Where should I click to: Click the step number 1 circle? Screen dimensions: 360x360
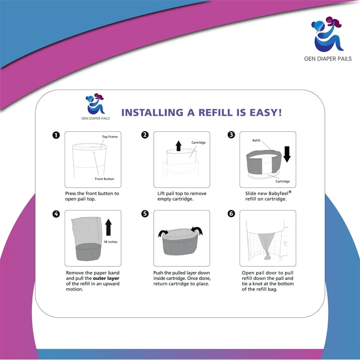[x=56, y=135]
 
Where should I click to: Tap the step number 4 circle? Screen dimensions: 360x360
[x=56, y=214]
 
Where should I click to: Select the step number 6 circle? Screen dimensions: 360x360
[x=231, y=214]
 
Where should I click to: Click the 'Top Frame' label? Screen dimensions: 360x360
[x=110, y=137]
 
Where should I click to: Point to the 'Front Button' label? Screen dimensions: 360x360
[x=104, y=179]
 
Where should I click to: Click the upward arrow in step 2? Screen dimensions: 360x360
[x=178, y=146]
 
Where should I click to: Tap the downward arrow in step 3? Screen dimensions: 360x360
[x=287, y=154]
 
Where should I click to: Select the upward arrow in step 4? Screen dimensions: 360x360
[x=109, y=227]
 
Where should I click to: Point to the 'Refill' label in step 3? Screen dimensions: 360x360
[x=256, y=140]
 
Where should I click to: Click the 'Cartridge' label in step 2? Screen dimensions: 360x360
[x=198, y=142]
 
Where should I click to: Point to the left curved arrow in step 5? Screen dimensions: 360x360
[x=163, y=232]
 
